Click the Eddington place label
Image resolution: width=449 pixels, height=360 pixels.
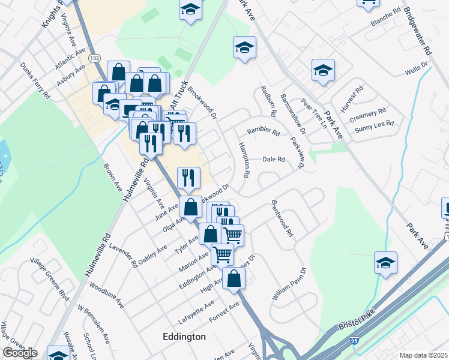[184, 337]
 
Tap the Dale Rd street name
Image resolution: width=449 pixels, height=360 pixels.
[273, 160]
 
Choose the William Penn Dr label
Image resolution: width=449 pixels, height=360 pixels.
[289, 292]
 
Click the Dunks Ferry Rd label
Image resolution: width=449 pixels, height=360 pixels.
[35, 80]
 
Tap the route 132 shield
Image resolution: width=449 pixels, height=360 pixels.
[94, 58]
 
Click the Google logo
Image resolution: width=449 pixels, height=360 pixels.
[20, 353]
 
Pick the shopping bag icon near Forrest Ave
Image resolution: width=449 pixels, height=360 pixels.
[234, 278]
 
